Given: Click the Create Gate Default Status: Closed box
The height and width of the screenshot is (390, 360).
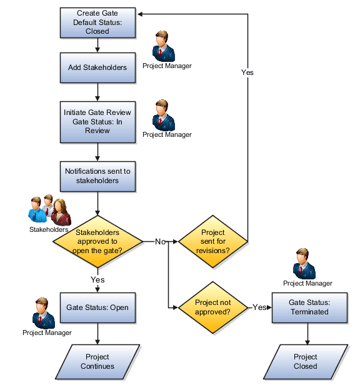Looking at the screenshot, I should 97,22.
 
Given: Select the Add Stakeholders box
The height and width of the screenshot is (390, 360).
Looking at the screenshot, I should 97,67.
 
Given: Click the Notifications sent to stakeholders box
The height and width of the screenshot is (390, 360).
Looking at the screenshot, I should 97,176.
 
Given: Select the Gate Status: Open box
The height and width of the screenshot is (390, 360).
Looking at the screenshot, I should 97,307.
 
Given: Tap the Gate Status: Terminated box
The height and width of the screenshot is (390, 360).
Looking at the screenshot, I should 308,307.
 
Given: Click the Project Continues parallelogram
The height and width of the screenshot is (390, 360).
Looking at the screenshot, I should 97,361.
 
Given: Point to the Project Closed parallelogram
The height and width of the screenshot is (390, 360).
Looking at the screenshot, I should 306,361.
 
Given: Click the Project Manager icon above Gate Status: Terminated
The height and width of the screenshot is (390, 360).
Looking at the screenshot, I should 306,262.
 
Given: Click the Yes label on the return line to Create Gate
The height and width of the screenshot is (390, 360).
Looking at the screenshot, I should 247,72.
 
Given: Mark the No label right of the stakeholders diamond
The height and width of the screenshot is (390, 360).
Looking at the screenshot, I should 159,241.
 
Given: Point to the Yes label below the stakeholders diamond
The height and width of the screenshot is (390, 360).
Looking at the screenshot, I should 97,279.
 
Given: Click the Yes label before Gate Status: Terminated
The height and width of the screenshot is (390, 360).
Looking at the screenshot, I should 259,307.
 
